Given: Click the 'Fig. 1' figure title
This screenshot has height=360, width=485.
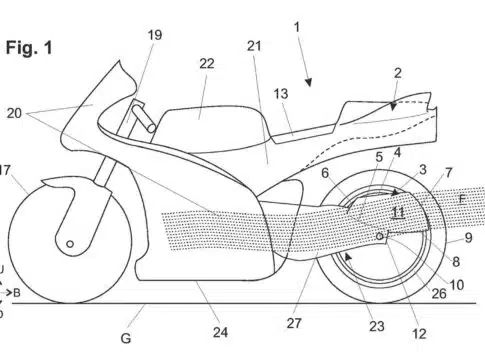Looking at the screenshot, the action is pos(29,48).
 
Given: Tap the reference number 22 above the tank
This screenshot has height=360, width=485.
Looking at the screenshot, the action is pos(207,63).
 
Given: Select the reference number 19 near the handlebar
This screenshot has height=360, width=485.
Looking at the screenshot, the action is pos(155,35).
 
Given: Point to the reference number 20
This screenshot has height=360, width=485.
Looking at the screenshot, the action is pos(14,113).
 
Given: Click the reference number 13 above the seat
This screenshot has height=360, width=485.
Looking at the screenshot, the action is pos(281,94).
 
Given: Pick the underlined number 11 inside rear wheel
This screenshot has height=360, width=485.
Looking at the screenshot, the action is pos(398,212).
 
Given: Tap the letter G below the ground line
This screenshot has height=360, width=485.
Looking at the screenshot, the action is pos(126,338).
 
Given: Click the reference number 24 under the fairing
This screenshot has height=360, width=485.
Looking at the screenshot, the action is pos(220,332).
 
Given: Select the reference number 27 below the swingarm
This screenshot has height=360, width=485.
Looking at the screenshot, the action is pos(294,323).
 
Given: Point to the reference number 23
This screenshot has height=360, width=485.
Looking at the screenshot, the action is pos(377,326).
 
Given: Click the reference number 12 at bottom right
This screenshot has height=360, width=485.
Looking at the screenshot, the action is pos(419,334).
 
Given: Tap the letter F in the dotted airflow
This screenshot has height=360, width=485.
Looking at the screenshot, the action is pos(462,199).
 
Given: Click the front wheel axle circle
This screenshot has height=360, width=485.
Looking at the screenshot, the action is pos(70,244).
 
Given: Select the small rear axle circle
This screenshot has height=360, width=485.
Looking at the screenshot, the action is pos(380,236).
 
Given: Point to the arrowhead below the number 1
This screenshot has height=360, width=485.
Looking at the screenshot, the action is pos(309,83).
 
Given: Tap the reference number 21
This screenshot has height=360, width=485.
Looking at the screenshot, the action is pos(254,46).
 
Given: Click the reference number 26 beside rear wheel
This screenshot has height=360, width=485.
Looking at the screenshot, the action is pos(439,293).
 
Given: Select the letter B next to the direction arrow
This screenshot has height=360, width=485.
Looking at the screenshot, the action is pos(17,293).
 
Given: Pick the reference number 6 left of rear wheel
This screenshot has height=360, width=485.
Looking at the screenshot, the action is pos(325,173).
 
